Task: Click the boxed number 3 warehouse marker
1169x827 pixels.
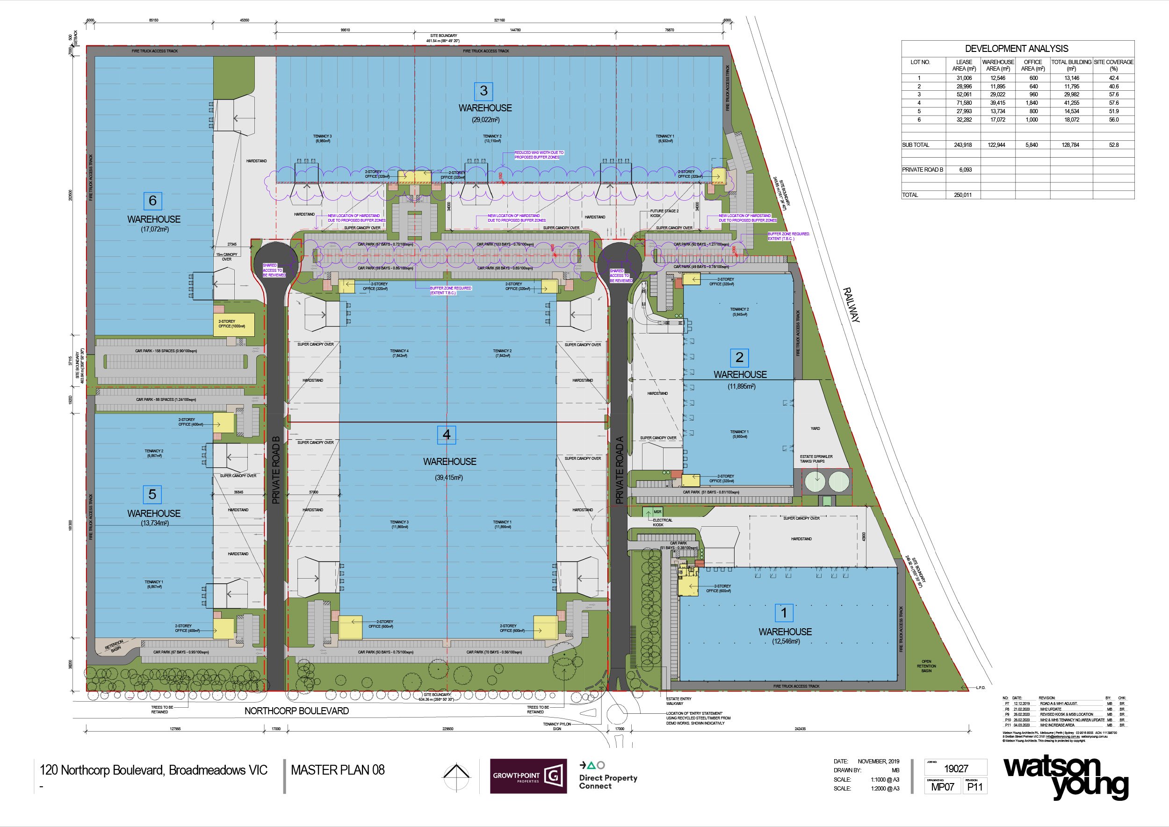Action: click(x=483, y=91)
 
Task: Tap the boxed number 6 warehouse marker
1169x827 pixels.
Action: click(x=152, y=201)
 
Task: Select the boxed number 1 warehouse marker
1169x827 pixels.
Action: click(x=784, y=613)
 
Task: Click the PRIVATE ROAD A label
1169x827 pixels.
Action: click(x=620, y=473)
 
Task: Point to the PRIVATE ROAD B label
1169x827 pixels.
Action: click(x=276, y=470)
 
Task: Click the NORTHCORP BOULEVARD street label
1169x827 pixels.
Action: click(x=296, y=711)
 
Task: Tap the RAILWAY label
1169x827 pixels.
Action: click(x=851, y=305)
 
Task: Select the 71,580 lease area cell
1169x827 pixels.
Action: click(x=964, y=103)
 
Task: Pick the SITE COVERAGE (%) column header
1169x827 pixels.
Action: click(x=1113, y=65)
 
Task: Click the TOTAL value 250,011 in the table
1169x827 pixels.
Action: click(x=962, y=195)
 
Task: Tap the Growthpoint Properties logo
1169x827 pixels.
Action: click(x=528, y=776)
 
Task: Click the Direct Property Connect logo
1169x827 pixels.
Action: click(x=607, y=776)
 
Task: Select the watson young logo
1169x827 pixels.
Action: click(x=1065, y=776)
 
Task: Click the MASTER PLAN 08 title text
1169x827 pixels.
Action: click(x=338, y=770)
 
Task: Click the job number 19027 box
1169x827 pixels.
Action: click(x=956, y=769)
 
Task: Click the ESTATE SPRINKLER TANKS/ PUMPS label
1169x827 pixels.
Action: click(x=815, y=459)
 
